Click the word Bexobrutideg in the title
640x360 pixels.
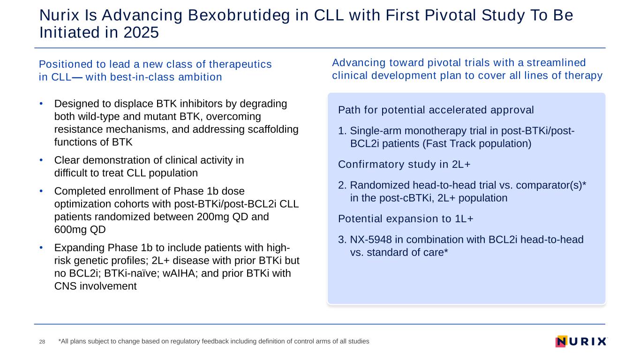(239, 16)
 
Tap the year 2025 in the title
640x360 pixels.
(141, 32)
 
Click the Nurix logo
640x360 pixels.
(581, 341)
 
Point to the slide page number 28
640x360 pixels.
(42, 342)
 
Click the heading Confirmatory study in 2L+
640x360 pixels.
(404, 164)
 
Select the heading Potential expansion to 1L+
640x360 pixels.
(406, 218)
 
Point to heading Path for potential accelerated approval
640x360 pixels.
(436, 110)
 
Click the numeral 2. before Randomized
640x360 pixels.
(342, 185)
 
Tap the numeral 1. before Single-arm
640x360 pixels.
(342, 131)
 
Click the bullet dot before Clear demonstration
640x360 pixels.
(41, 160)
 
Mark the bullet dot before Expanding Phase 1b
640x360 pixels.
(41, 247)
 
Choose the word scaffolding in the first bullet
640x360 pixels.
(273, 129)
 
